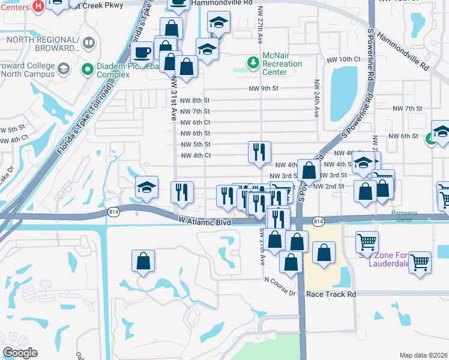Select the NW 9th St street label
pos(264,88)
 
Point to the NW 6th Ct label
pos(195,122)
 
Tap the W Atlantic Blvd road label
pos(205,221)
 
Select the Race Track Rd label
pos(331,295)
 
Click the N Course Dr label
pos(284,279)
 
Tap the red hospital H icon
pos(38,7)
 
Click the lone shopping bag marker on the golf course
pos(143,260)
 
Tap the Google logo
pos(20,353)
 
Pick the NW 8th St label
pos(195,100)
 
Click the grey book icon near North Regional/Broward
pos(89,43)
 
